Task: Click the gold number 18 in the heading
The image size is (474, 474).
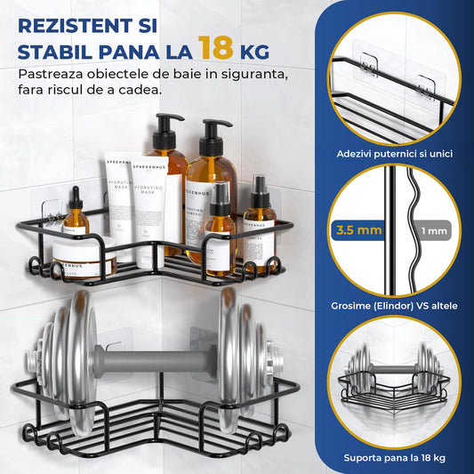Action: [x=218, y=46]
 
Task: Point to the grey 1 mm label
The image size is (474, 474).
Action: [x=431, y=231]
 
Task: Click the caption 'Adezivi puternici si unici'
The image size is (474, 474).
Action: [x=395, y=154]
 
